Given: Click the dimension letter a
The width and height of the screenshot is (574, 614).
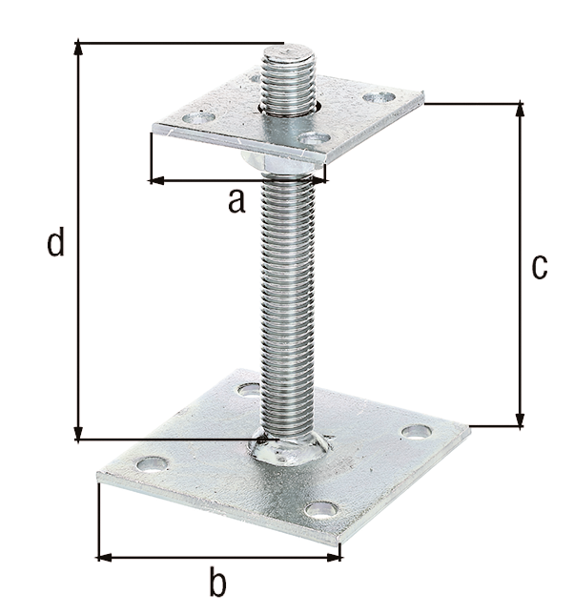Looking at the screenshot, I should [236, 201].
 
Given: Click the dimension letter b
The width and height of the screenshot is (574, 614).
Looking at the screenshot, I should [218, 580].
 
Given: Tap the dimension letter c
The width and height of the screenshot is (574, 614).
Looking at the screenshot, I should [540, 267].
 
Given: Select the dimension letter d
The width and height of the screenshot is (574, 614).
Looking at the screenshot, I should [56, 244].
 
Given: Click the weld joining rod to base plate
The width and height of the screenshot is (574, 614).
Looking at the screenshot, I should [287, 449].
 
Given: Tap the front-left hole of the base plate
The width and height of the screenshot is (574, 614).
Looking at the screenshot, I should [151, 464].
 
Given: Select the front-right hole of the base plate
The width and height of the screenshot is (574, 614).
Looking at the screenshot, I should [322, 510].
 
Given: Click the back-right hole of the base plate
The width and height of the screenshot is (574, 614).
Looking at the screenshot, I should [416, 432].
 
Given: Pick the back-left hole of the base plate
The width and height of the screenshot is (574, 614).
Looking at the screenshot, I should [249, 390].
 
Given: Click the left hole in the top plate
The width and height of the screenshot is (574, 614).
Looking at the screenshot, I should [199, 118].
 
